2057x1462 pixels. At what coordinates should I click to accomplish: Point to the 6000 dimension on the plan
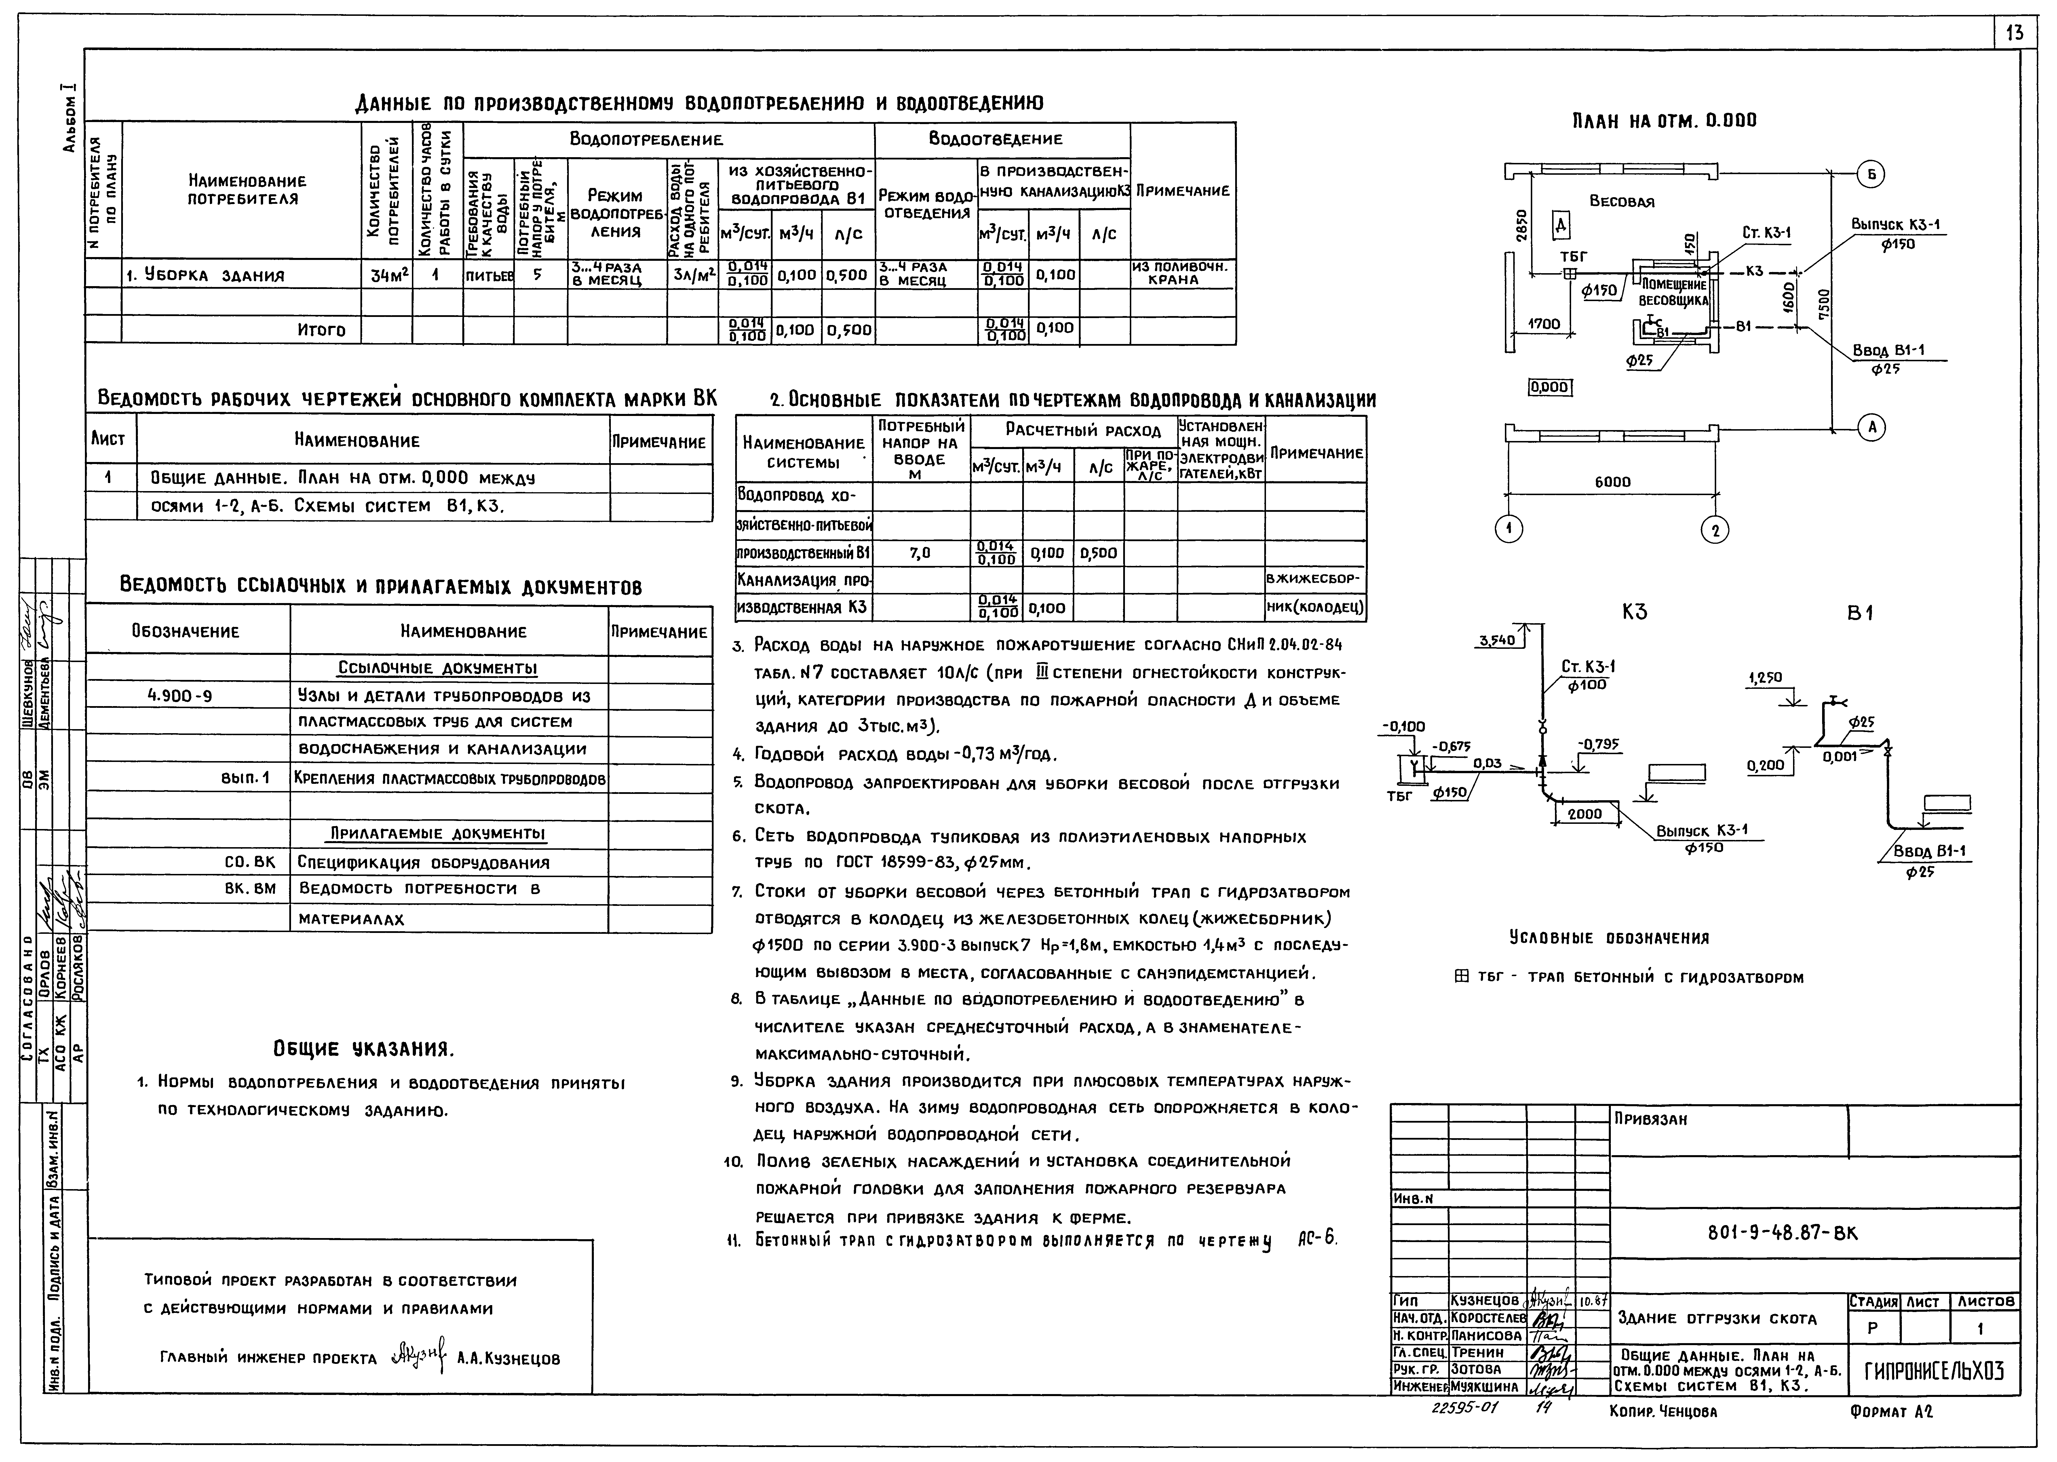point(1612,482)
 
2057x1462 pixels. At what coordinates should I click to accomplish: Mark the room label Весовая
point(1621,202)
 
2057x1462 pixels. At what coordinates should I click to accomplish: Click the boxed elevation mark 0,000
point(1549,388)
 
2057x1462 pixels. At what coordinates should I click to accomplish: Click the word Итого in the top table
point(321,330)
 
